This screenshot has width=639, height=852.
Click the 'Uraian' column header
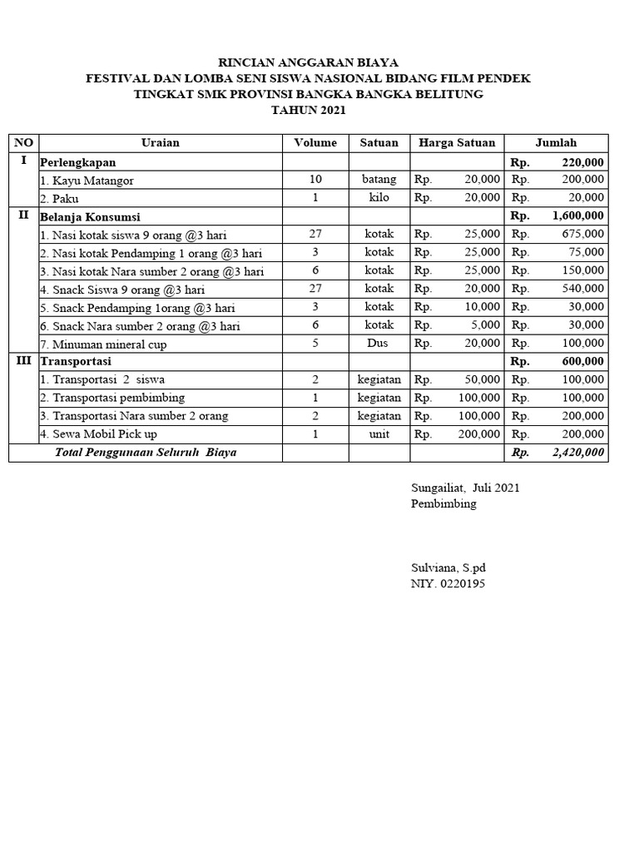(161, 142)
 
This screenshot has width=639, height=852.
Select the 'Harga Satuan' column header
(457, 142)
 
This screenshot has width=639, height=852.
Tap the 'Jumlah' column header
(556, 142)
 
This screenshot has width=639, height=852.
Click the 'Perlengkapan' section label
(78, 161)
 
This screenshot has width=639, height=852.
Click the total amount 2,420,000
(578, 453)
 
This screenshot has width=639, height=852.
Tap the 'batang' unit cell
(379, 180)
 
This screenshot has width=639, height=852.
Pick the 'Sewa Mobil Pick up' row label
(98, 434)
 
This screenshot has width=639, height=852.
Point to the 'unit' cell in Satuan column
(379, 434)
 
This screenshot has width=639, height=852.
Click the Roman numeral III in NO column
(23, 361)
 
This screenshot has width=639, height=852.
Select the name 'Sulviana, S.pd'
(448, 567)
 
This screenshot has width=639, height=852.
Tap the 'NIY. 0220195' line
(448, 583)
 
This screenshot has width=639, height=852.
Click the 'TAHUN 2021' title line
(308, 110)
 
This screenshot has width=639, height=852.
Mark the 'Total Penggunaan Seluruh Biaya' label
(146, 453)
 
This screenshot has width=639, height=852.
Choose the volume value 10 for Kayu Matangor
(315, 180)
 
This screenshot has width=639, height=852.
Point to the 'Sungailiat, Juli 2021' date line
(465, 488)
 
